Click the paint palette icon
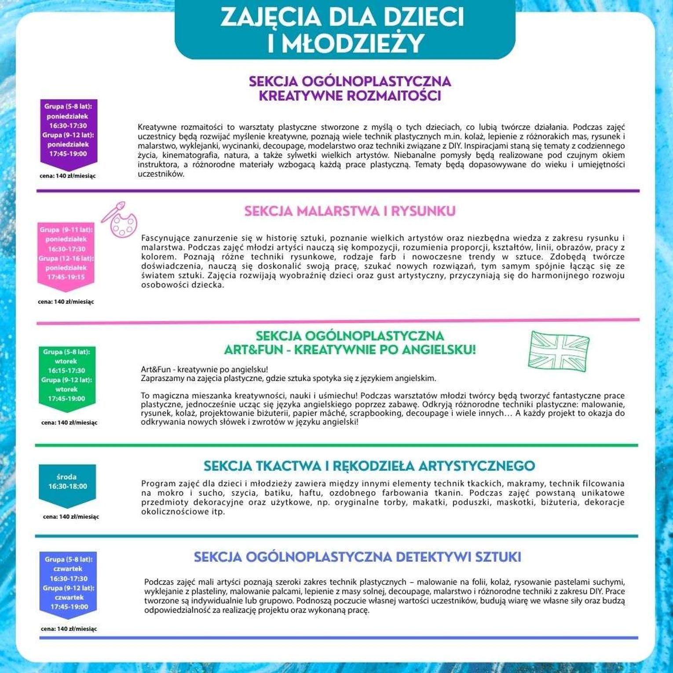pyautogui.click(x=120, y=219)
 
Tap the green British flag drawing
pyautogui.click(x=559, y=351)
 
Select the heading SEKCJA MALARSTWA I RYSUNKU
pyautogui.click(x=350, y=211)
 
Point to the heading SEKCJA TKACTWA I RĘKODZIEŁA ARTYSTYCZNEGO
pyautogui.click(x=369, y=466)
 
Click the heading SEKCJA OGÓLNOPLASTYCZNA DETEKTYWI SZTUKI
pyautogui.click(x=357, y=557)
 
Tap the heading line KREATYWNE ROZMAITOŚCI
pyautogui.click(x=350, y=96)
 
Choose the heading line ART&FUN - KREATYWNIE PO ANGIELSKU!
pyautogui.click(x=350, y=350)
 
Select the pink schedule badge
pyautogui.click(x=66, y=255)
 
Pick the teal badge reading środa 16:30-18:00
pyautogui.click(x=67, y=484)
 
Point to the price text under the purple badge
pyautogui.click(x=68, y=176)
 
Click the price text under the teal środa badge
pyautogui.click(x=71, y=517)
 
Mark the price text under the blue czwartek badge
pyautogui.click(x=69, y=629)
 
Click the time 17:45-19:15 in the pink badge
pyautogui.click(x=66, y=277)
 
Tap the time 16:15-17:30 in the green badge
pyautogui.click(x=66, y=370)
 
